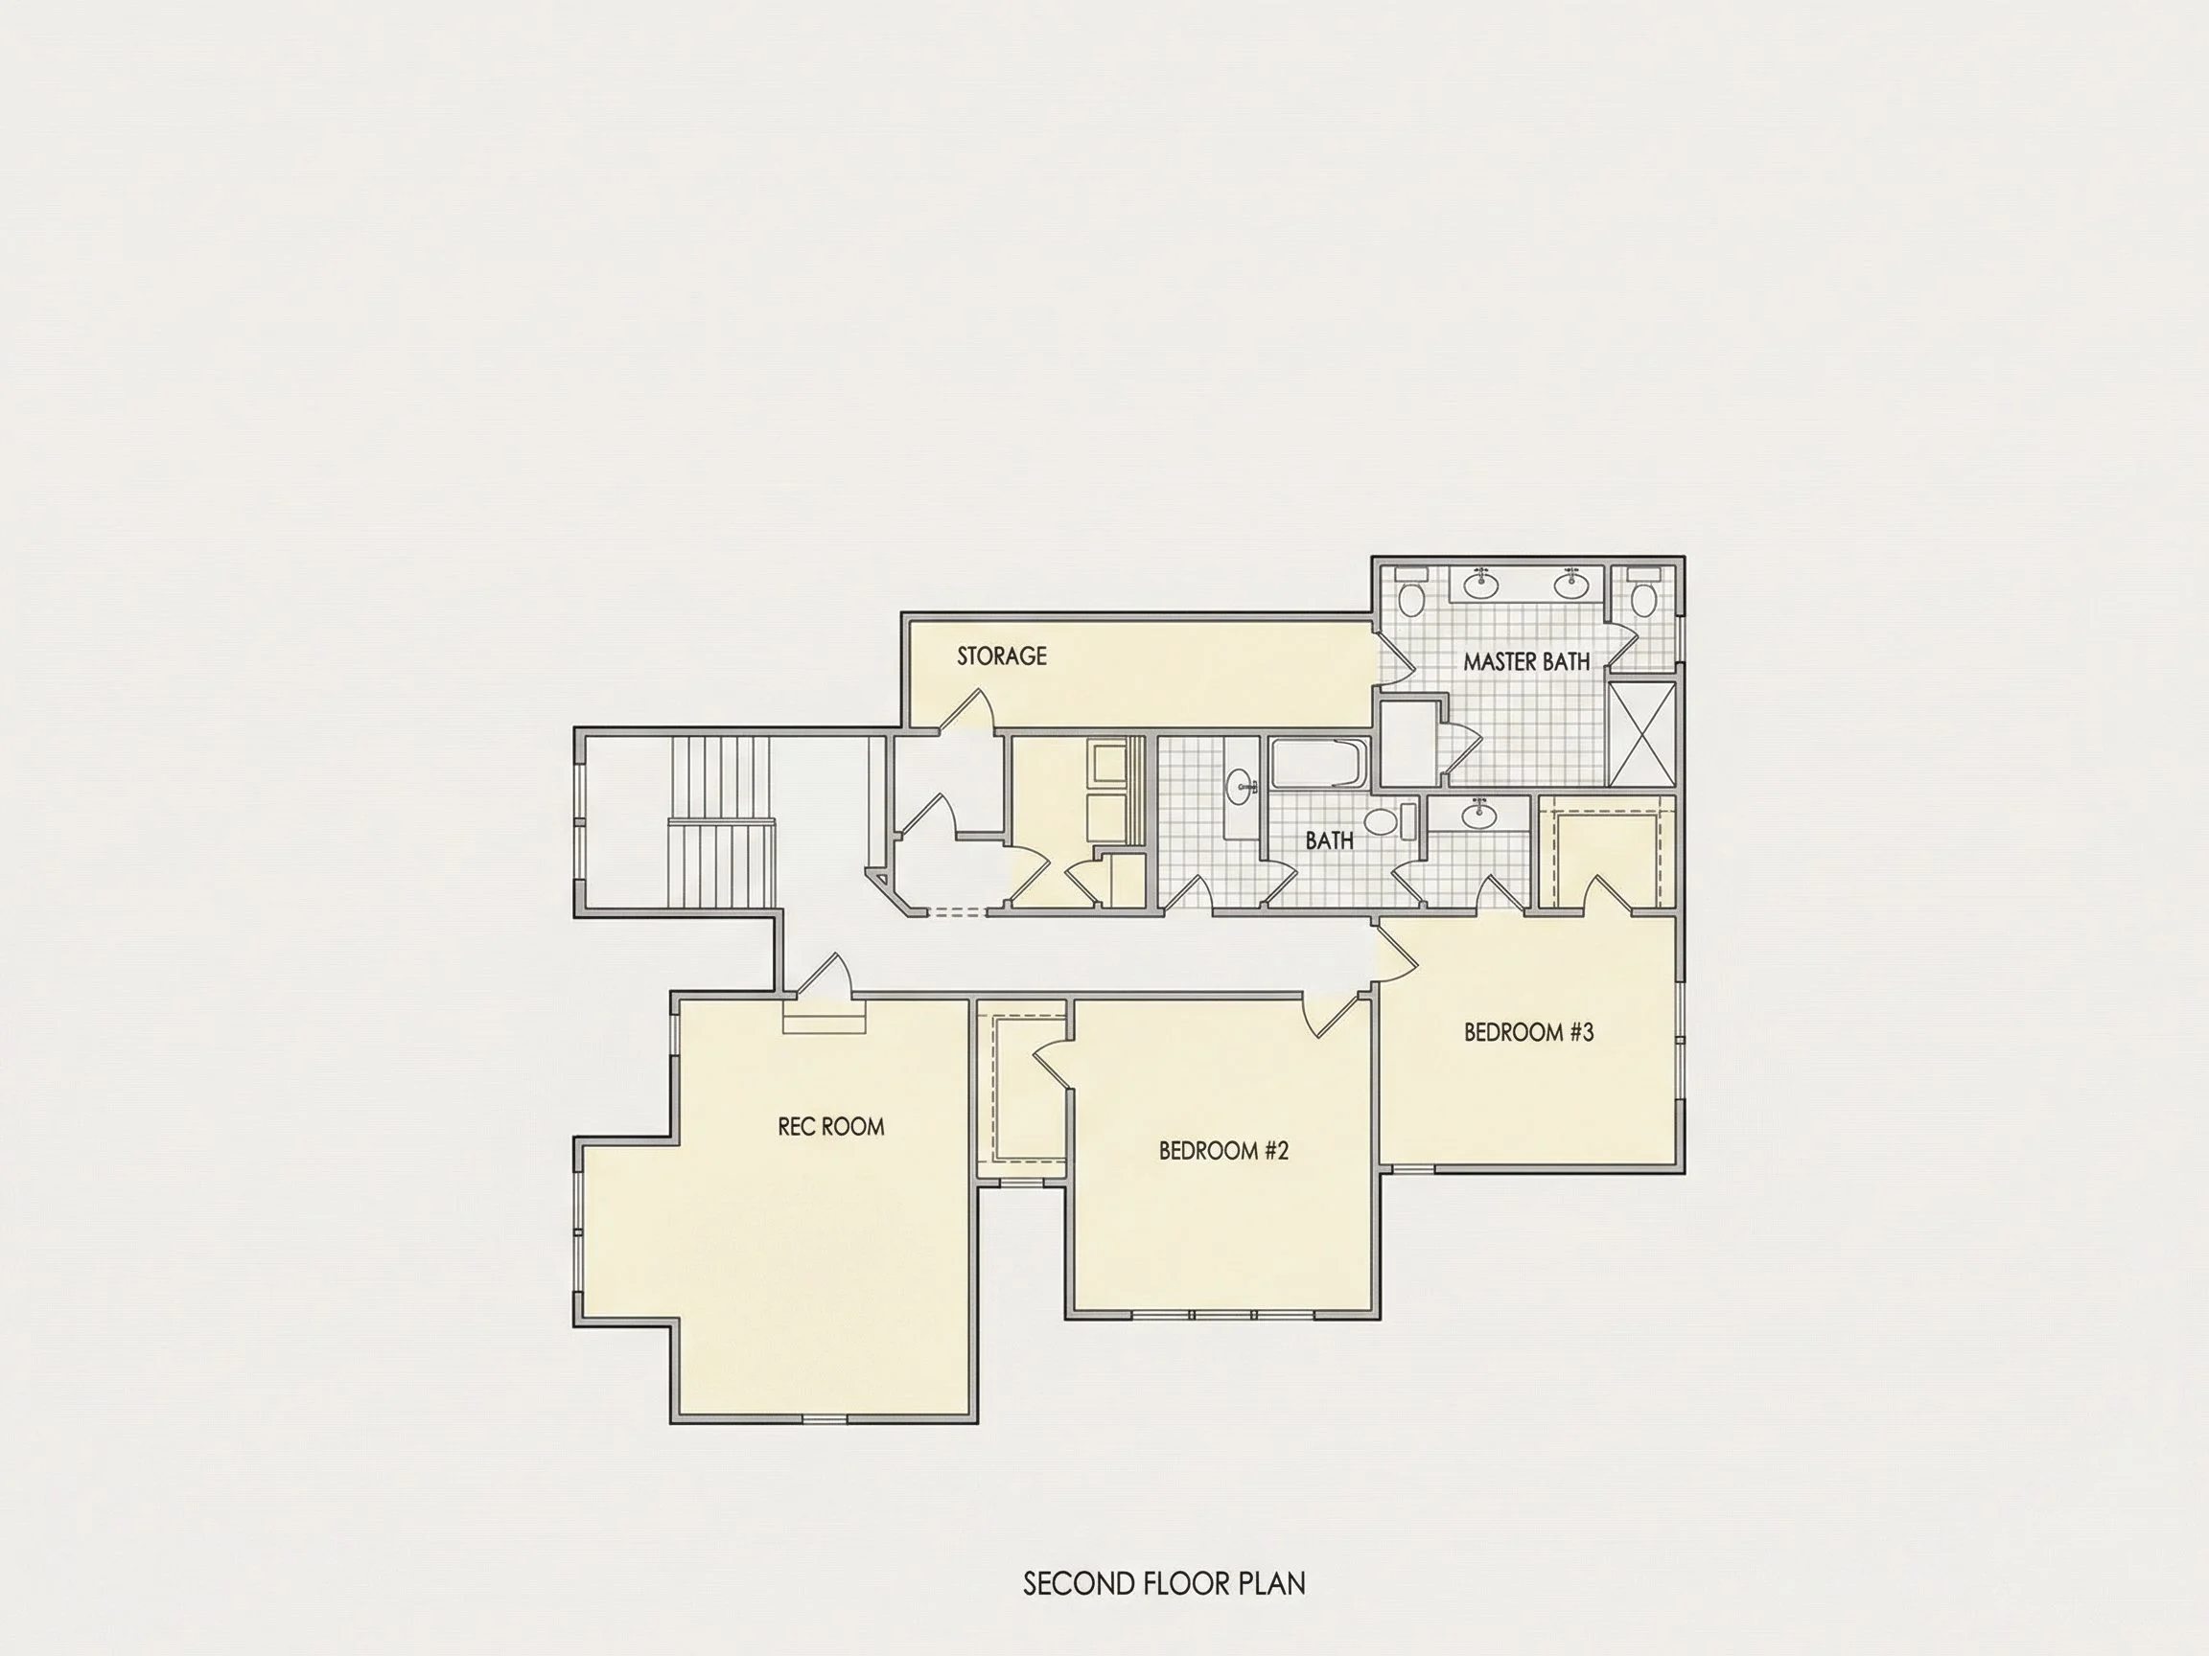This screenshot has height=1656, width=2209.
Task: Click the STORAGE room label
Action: pos(1002,655)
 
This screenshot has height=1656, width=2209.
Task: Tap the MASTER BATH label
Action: pos(1526,661)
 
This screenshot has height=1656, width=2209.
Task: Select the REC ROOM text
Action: pos(831,1127)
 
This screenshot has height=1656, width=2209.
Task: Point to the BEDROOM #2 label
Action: pos(1223,1151)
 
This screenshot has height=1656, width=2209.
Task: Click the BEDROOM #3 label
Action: pos(1529,1032)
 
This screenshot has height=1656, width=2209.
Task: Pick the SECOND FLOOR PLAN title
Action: pos(1164,1583)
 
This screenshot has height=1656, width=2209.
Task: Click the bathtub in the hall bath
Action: pos(1319,764)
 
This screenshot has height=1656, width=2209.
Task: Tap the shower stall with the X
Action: pos(1641,736)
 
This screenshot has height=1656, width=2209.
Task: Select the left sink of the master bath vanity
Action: pos(1483,585)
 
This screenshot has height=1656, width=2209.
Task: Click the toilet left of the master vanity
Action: pos(1410,593)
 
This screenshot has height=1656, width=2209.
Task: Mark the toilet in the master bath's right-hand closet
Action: pos(1642,593)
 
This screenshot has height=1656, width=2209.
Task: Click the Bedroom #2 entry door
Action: pos(1337,1015)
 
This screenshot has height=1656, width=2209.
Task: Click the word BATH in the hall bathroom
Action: pos(1329,840)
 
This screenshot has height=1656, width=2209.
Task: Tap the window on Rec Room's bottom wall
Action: pos(825,1418)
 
